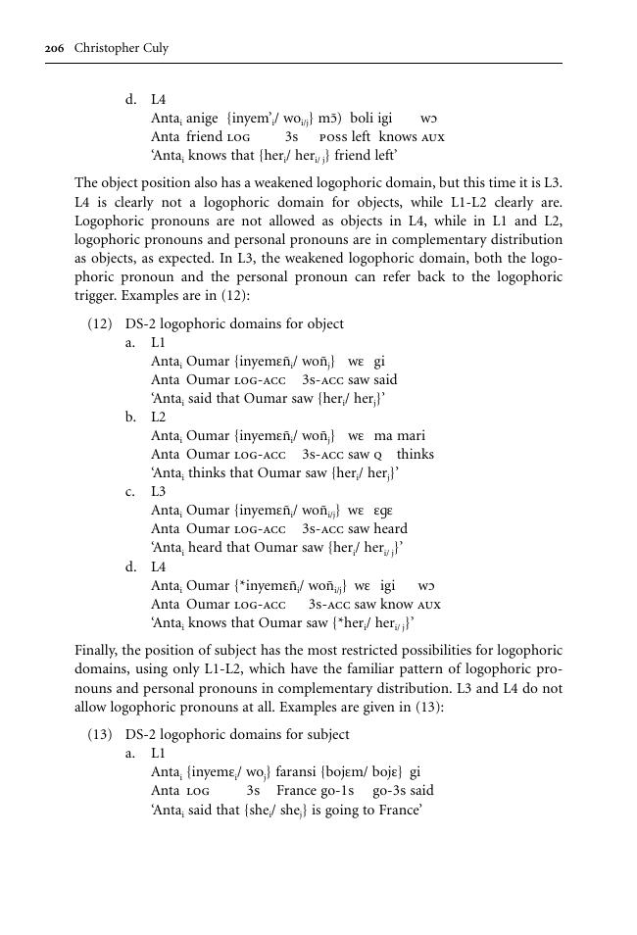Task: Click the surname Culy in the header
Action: coord(154,48)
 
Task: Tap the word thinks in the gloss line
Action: coord(416,454)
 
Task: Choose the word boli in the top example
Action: coord(364,118)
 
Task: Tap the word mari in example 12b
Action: coord(414,435)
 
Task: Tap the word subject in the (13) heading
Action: coord(327,734)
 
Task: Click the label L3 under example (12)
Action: coord(159,491)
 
